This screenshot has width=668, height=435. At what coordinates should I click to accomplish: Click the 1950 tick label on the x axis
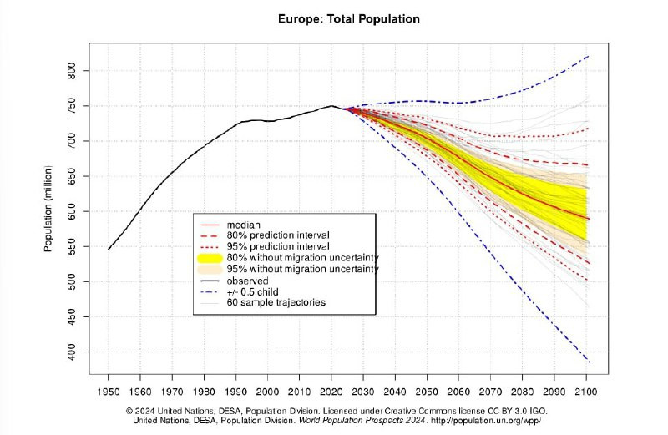click(x=109, y=392)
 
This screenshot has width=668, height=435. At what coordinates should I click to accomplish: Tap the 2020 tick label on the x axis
click(x=331, y=392)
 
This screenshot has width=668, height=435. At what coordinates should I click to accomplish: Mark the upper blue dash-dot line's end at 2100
click(x=589, y=56)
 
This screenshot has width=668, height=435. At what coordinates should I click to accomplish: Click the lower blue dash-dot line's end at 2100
click(x=589, y=362)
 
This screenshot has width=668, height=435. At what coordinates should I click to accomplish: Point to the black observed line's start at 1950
click(x=109, y=249)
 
